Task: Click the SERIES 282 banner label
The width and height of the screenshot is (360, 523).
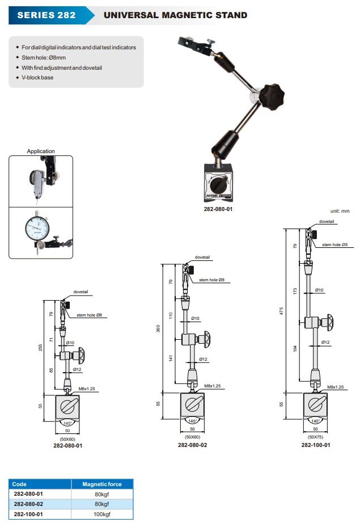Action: [x=46, y=15]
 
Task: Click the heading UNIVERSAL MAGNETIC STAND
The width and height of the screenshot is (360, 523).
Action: [x=175, y=15]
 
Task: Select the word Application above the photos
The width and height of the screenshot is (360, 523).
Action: [x=41, y=151]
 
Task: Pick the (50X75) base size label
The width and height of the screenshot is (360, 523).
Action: [x=316, y=437]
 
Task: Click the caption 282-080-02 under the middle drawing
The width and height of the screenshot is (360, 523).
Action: [x=192, y=445]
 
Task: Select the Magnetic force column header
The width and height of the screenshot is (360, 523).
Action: [x=102, y=484]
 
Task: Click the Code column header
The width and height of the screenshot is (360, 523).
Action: [x=20, y=484]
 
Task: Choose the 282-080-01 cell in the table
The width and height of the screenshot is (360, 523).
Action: [x=29, y=494]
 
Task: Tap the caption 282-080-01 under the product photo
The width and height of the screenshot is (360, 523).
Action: [x=218, y=209]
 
